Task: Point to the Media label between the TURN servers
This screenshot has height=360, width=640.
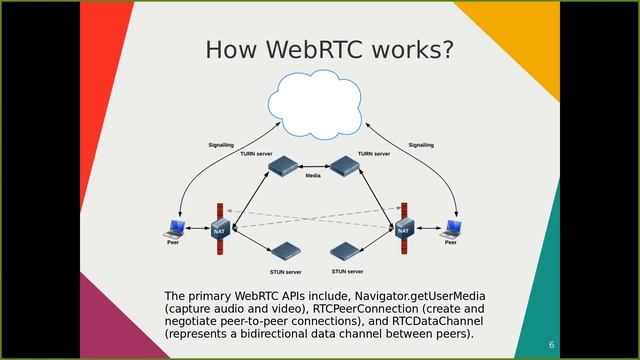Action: (x=313, y=175)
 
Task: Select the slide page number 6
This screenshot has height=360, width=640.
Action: (x=551, y=344)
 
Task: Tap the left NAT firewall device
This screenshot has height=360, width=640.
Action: (x=218, y=230)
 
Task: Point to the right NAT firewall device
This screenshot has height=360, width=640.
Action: (x=403, y=229)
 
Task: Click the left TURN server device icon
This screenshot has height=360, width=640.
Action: (x=285, y=166)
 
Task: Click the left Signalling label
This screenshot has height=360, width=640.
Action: (x=221, y=145)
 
